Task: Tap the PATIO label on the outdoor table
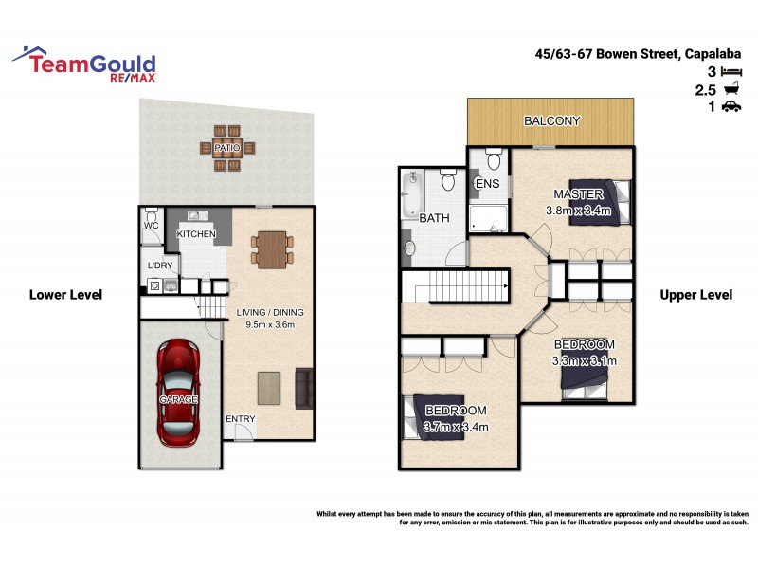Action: [227, 148]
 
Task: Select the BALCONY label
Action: [552, 121]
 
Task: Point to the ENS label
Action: [487, 183]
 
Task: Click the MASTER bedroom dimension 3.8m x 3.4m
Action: [578, 210]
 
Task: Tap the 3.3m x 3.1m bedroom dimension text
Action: [584, 360]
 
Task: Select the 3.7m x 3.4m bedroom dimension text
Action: [456, 427]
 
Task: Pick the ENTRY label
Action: [240, 419]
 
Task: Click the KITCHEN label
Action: [197, 234]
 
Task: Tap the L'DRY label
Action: [158, 266]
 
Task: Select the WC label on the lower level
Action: [151, 227]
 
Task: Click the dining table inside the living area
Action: [271, 250]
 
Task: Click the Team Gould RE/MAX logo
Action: [84, 63]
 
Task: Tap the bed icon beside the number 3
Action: [731, 71]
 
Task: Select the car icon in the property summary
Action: [731, 107]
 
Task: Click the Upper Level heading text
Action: [695, 295]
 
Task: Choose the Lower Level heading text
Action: [65, 295]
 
